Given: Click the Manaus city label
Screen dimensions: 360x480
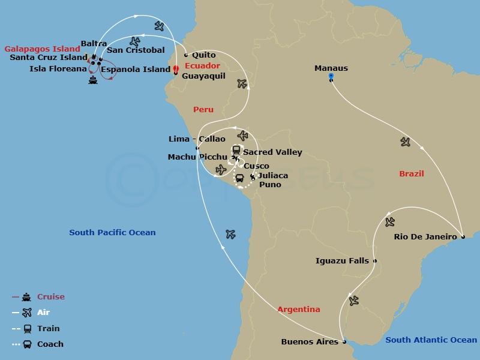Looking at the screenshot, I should pyautogui.click(x=331, y=68).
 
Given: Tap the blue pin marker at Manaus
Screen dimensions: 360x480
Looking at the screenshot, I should pyautogui.click(x=331, y=77).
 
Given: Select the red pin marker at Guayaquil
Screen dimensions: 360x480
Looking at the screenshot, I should pyautogui.click(x=176, y=70).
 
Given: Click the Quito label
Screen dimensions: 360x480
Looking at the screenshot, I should pyautogui.click(x=204, y=55).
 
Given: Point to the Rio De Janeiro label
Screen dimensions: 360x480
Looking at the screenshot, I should pyautogui.click(x=425, y=236).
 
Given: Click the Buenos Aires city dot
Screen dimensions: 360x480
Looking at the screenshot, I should pyautogui.click(x=344, y=342).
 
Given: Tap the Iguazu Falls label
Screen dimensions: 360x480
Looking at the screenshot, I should pyautogui.click(x=342, y=261).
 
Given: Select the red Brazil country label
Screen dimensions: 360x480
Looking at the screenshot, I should pyautogui.click(x=412, y=174).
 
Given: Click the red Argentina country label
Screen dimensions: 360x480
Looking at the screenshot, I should pyautogui.click(x=299, y=310).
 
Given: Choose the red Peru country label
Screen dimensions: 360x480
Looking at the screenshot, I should pyautogui.click(x=203, y=110).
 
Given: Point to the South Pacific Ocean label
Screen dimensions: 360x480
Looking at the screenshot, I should pyautogui.click(x=112, y=233).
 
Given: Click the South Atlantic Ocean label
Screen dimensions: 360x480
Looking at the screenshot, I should pyautogui.click(x=431, y=340).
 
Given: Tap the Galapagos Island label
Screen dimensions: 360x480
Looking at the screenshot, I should pyautogui.click(x=42, y=49).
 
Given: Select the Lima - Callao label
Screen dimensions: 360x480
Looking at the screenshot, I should pyautogui.click(x=197, y=139).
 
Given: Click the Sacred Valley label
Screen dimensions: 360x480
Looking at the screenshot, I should pyautogui.click(x=272, y=152).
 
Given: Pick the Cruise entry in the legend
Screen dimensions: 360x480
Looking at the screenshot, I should pyautogui.click(x=50, y=297).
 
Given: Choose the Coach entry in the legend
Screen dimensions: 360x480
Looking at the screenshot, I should pyautogui.click(x=50, y=344).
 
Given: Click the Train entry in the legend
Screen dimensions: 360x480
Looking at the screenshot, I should pyautogui.click(x=49, y=329).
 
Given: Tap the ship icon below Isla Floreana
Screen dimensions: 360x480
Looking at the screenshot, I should pyautogui.click(x=92, y=80).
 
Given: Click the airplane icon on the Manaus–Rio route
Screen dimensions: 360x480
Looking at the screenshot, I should pyautogui.click(x=406, y=142).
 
